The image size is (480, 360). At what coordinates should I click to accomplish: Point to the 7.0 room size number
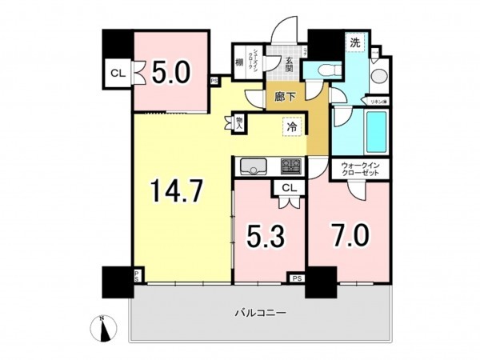[x=350, y=236]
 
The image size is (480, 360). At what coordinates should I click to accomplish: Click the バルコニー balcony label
[x=260, y=312]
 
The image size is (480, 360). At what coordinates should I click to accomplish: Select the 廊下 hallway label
[x=286, y=97]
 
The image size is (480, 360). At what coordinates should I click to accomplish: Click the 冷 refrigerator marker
[x=294, y=126]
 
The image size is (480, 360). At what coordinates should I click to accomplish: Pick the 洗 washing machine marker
[x=354, y=42]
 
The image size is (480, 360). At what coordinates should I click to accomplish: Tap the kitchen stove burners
[x=290, y=166]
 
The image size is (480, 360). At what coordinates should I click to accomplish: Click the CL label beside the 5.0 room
[x=117, y=74]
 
